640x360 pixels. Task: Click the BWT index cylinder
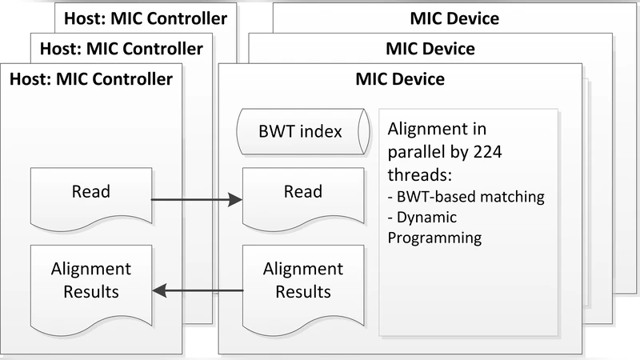[303, 130]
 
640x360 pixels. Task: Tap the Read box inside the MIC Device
[303, 194]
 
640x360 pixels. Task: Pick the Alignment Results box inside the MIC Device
[303, 280]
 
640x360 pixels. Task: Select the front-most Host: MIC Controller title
[90, 79]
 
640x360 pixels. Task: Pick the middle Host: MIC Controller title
[120, 48]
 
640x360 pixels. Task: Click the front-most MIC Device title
[400, 79]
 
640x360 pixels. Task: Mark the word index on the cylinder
[323, 130]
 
